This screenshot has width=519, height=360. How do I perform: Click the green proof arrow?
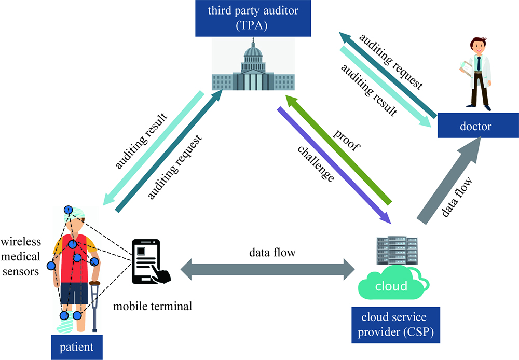(x=339, y=148)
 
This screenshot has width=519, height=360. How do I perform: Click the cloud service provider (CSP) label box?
(x=396, y=325)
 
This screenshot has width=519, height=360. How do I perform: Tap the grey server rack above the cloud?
(x=397, y=252)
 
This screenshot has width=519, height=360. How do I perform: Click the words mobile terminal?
(x=153, y=306)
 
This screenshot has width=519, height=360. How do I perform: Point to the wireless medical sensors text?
(x=20, y=256)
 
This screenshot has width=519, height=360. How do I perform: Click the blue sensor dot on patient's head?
(x=68, y=210)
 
